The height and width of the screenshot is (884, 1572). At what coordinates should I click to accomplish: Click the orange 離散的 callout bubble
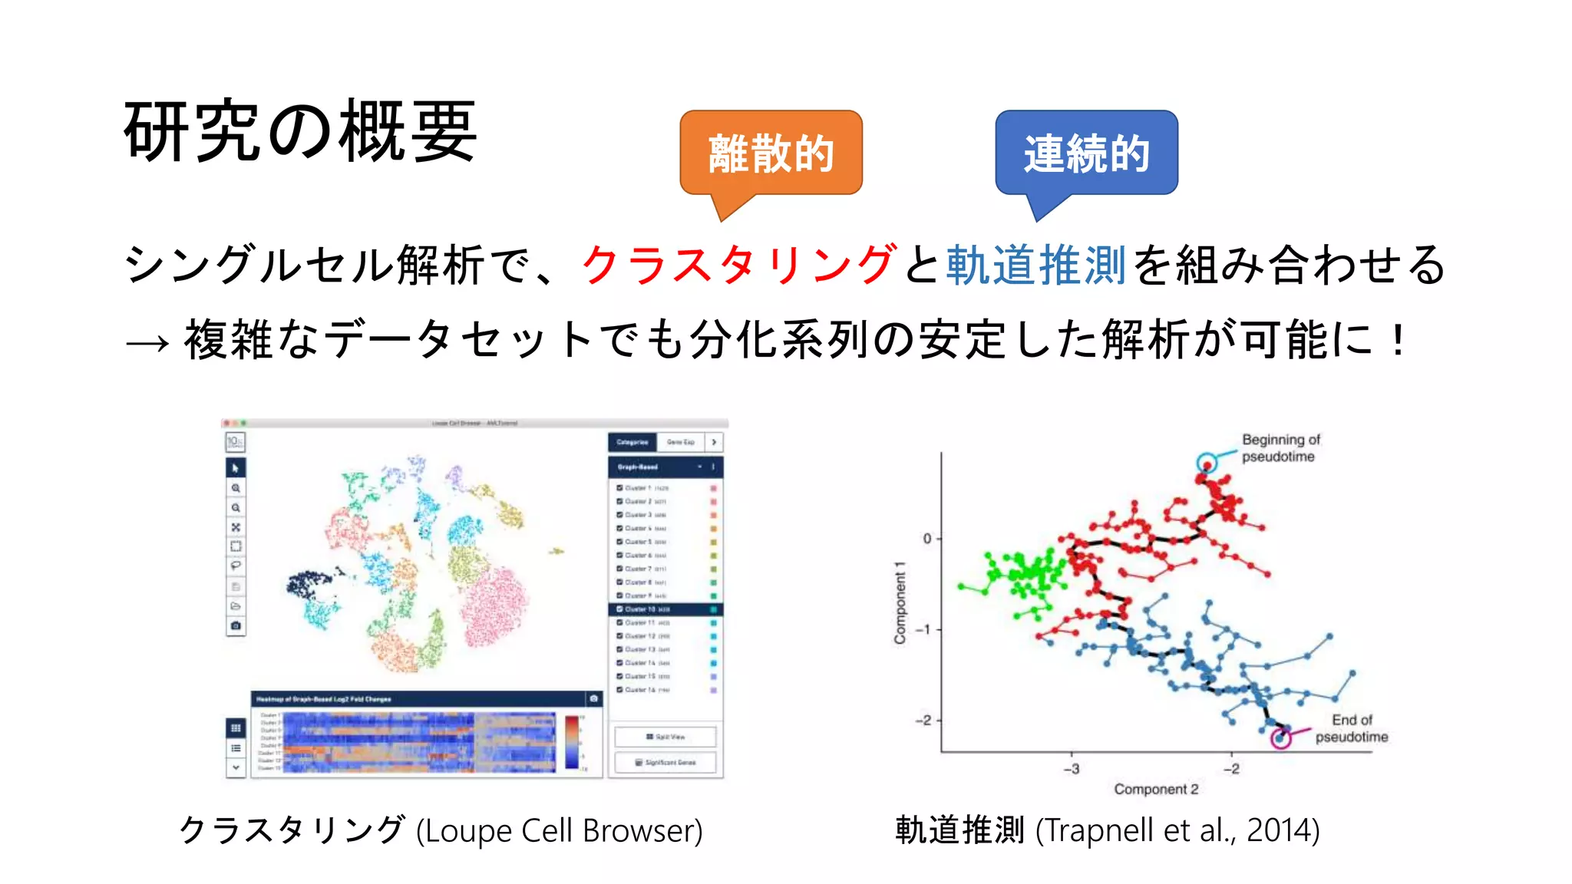click(x=771, y=153)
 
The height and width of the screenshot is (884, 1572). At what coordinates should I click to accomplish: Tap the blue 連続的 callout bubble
click(x=1086, y=153)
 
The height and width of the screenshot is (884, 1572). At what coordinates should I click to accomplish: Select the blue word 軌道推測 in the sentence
click(x=1035, y=265)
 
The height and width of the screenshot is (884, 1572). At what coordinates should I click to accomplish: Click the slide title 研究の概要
click(x=300, y=131)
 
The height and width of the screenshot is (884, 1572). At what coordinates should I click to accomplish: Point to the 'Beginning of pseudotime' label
click(x=1280, y=448)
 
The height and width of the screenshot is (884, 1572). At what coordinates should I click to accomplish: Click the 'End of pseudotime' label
click(x=1351, y=728)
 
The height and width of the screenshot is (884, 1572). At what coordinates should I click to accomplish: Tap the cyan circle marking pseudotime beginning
click(x=1207, y=463)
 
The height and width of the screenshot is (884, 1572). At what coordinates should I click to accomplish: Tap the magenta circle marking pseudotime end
click(x=1280, y=738)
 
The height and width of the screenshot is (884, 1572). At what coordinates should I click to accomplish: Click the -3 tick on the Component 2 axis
click(x=1072, y=768)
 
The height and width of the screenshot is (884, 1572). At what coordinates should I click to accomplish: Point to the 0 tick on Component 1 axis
click(x=927, y=539)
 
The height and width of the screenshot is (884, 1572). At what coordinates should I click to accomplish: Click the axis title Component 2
click(x=1156, y=789)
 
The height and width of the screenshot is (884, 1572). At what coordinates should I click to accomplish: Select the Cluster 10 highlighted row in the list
click(x=665, y=609)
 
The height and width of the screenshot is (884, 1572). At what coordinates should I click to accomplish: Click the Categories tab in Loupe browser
click(x=632, y=442)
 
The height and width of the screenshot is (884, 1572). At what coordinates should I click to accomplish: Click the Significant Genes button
click(x=665, y=762)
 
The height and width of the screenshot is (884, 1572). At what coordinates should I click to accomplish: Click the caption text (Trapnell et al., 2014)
click(x=1177, y=830)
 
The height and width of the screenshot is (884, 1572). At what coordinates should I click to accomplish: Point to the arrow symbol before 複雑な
click(x=147, y=342)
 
